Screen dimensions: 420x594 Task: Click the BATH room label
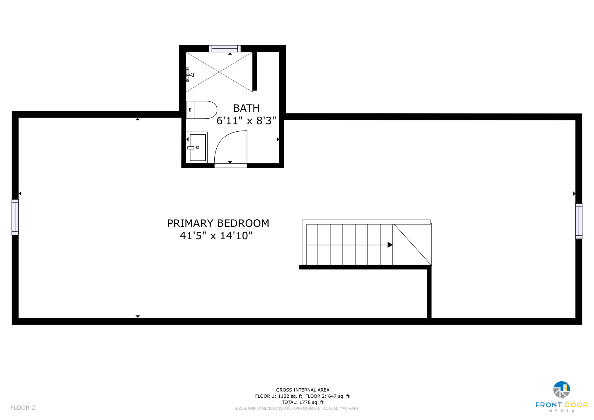(x=246, y=108)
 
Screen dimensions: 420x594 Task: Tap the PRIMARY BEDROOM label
(x=218, y=223)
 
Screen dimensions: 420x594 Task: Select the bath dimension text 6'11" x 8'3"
(x=246, y=121)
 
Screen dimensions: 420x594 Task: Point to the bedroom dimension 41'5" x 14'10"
(x=216, y=236)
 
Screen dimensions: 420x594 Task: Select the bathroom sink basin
(x=198, y=147)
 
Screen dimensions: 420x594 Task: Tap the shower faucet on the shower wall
(x=190, y=75)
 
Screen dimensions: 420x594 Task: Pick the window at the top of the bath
(x=224, y=49)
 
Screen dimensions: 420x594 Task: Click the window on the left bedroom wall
(x=15, y=217)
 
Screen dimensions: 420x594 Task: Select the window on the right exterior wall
(x=579, y=221)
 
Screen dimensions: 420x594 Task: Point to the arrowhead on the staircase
(x=390, y=245)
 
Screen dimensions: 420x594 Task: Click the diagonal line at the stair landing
(x=412, y=245)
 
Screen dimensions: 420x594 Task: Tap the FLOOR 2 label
(x=23, y=408)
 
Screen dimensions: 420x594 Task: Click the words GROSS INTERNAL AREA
(x=303, y=390)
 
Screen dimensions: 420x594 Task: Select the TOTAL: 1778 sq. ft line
(x=303, y=402)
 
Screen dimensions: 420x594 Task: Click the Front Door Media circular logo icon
(x=562, y=390)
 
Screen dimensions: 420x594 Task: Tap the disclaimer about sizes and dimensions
(x=297, y=408)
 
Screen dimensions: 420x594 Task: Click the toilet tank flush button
(x=190, y=110)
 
